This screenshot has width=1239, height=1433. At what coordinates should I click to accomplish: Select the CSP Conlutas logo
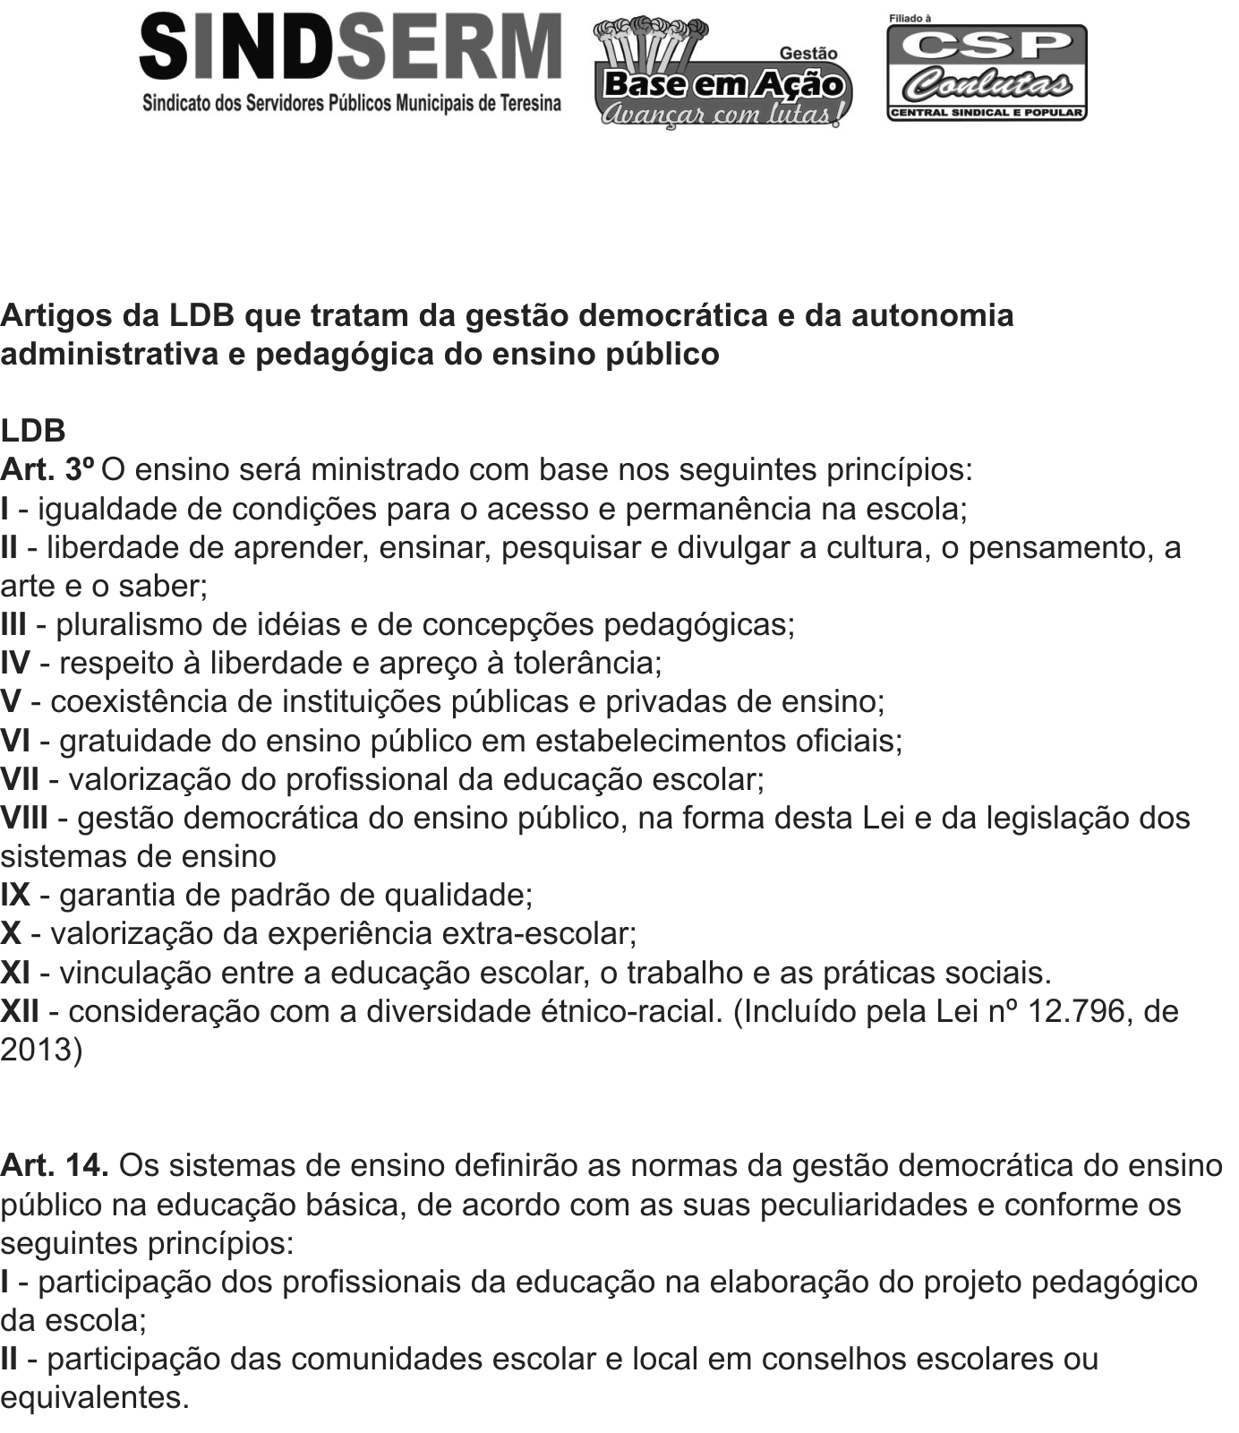pos(987,72)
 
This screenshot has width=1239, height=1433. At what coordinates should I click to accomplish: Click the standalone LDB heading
pos(33,431)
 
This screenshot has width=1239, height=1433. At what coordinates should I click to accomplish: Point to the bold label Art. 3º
pos(47,469)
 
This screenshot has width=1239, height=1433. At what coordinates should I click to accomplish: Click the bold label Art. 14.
pos(55,1165)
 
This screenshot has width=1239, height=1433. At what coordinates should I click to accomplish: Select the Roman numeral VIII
pos(24,818)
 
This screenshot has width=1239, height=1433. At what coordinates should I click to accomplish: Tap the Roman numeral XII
pos(20,1011)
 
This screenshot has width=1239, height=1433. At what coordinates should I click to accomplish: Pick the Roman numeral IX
pos(15,895)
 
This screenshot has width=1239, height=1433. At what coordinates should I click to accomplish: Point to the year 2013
pos(37,1050)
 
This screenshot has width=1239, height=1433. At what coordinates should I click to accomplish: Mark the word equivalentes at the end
pos(94,1397)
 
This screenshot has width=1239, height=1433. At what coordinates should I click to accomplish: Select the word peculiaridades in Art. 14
pos(863,1205)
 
